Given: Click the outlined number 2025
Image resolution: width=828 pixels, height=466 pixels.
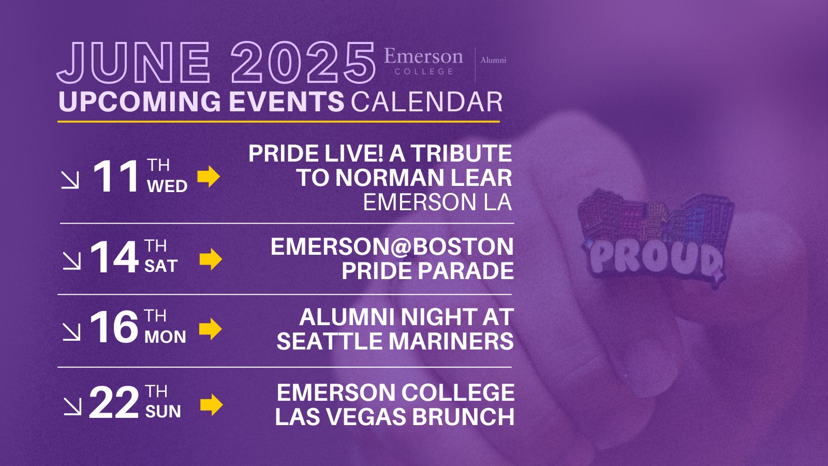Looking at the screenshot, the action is tap(303, 62).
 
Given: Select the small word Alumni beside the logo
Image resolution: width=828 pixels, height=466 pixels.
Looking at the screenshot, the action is tap(493, 60).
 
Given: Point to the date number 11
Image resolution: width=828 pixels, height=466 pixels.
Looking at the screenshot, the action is tap(116, 177).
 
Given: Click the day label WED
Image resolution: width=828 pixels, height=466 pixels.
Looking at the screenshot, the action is tap(167, 186).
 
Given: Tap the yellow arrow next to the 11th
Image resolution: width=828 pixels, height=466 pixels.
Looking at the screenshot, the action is tap(209, 177).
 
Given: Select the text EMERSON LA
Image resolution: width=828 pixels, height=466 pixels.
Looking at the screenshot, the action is tap(437, 202).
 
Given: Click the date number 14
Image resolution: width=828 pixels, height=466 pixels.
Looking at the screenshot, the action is tap(114, 257).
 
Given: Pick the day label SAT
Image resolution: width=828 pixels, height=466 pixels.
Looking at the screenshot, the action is tap(161, 266).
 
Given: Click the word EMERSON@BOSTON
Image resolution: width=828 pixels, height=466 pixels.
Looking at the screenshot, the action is tap(392, 246).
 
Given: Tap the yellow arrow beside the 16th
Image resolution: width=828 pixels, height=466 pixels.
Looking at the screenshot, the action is tap(210, 329).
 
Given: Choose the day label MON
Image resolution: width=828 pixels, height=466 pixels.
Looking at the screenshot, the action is tap(165, 337).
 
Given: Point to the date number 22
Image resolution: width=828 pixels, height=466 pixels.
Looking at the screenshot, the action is tap(114, 403).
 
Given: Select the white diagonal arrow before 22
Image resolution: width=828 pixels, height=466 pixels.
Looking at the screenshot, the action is tap(72, 406).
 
